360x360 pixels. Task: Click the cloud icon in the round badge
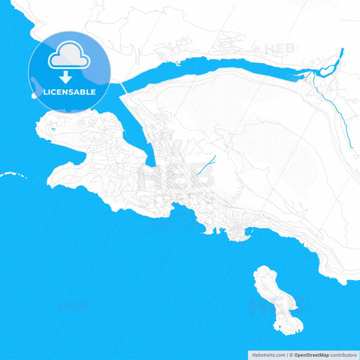(69, 55)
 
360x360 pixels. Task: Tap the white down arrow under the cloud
(69, 76)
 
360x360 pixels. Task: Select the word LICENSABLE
(69, 92)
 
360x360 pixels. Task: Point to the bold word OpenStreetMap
(311, 354)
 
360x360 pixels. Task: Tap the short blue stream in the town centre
(209, 162)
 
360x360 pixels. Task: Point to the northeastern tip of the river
(342, 51)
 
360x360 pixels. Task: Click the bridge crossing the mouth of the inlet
(124, 88)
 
